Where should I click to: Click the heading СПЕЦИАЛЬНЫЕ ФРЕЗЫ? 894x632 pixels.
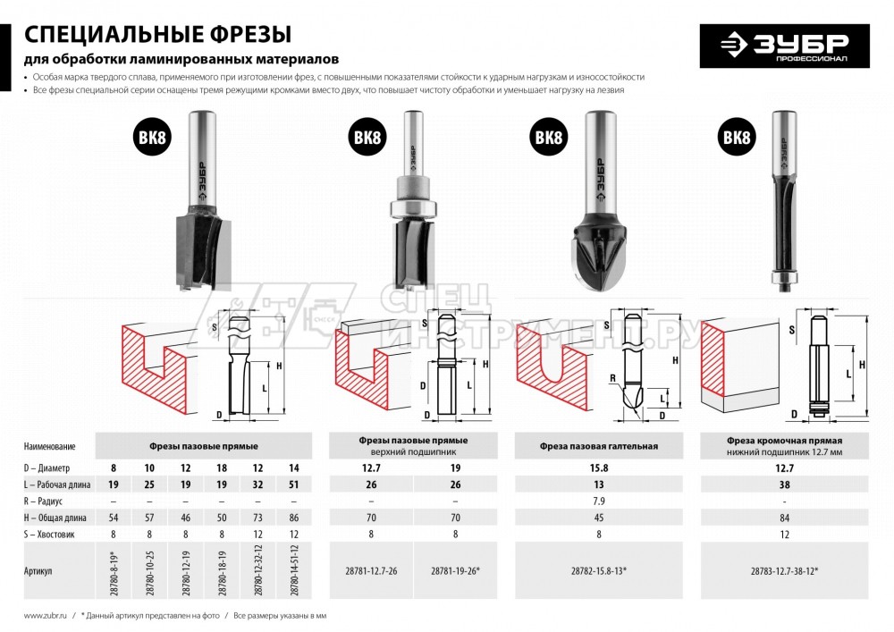tap(157, 35)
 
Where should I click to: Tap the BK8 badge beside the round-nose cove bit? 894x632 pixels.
tap(548, 139)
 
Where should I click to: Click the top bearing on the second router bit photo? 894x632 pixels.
tap(412, 207)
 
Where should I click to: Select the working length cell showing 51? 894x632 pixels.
tap(295, 484)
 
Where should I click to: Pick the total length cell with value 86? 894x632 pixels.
tap(295, 518)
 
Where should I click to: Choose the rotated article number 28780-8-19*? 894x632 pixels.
tap(114, 569)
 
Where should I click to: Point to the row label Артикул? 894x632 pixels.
tap(41, 569)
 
